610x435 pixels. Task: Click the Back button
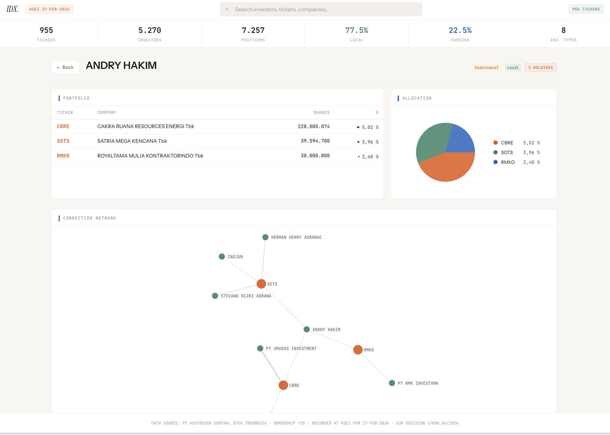pyautogui.click(x=65, y=67)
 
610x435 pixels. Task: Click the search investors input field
pyautogui.click(x=325, y=9)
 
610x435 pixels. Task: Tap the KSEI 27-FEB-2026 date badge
pyautogui.click(x=49, y=9)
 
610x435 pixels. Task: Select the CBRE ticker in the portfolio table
pyautogui.click(x=63, y=127)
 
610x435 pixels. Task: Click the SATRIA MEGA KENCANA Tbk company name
pyautogui.click(x=132, y=141)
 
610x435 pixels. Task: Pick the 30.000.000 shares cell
pyautogui.click(x=315, y=156)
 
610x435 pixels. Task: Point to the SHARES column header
pyautogui.click(x=321, y=112)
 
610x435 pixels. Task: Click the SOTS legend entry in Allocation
pyautogui.click(x=507, y=152)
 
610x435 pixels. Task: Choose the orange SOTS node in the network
pyautogui.click(x=261, y=284)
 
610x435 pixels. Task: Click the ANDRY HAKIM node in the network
pyautogui.click(x=307, y=329)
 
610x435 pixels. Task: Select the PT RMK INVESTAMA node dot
pyautogui.click(x=392, y=383)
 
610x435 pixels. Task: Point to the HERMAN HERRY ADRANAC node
pyautogui.click(x=265, y=237)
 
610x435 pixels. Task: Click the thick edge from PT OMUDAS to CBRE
pyautogui.click(x=272, y=367)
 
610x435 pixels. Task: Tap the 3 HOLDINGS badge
pyautogui.click(x=541, y=68)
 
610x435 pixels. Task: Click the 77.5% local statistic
pyautogui.click(x=356, y=30)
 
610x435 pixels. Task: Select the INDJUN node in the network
pyautogui.click(x=222, y=257)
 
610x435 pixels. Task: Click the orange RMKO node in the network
pyautogui.click(x=358, y=350)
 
